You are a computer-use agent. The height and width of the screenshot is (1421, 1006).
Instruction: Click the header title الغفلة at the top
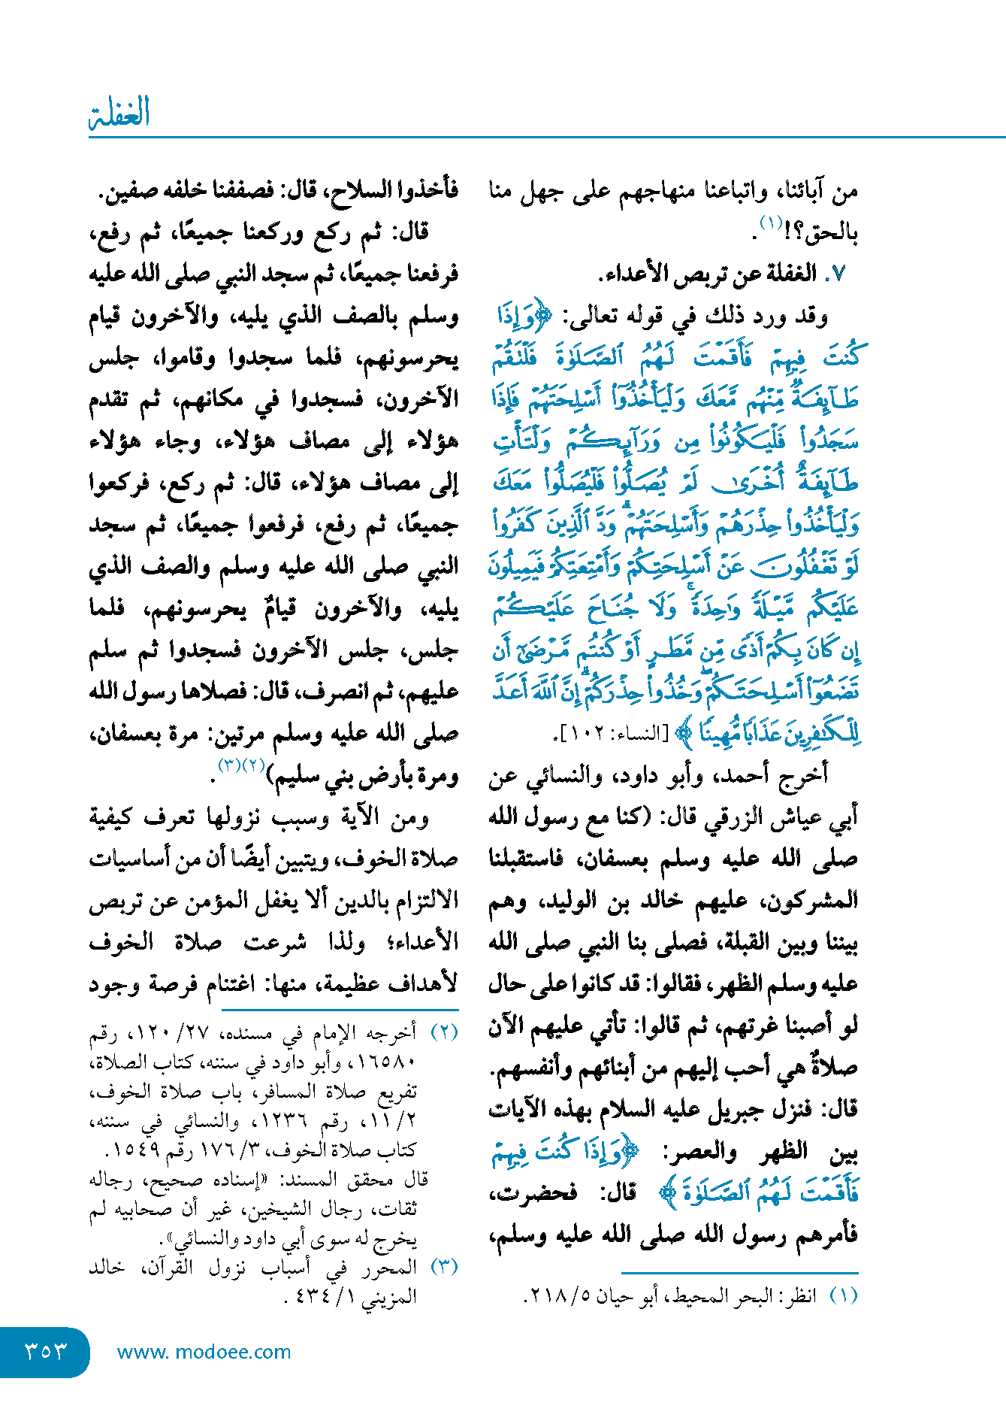click(x=119, y=113)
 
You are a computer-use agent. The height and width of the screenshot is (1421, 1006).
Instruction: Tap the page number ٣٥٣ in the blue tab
click(x=46, y=1351)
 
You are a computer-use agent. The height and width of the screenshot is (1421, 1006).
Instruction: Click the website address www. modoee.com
click(x=204, y=1352)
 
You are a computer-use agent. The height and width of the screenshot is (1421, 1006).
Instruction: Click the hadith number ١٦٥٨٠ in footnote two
click(x=387, y=1062)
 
